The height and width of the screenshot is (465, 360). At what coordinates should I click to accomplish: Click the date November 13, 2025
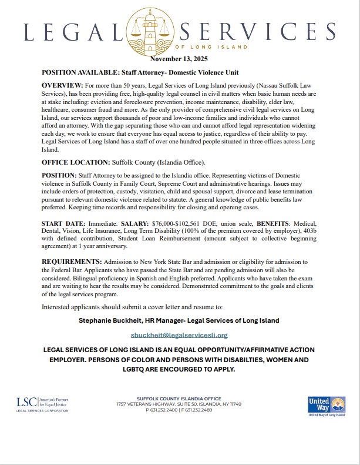(x=179, y=59)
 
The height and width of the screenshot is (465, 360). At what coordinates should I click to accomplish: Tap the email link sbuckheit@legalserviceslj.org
(x=179, y=334)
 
